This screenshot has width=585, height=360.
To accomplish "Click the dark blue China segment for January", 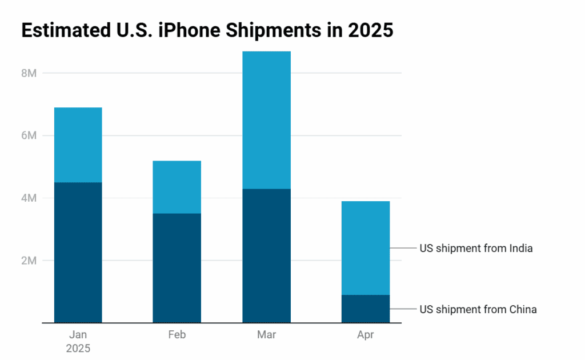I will [78, 253].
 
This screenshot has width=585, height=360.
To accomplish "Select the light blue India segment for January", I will [78, 145].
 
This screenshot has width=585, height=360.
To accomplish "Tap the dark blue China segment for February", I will [177, 268].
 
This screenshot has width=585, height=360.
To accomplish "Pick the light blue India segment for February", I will [177, 187].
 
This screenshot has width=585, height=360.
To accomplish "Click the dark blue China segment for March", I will [266, 255].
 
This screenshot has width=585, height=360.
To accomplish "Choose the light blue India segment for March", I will [266, 120].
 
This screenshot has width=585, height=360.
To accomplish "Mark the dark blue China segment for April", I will [366, 309].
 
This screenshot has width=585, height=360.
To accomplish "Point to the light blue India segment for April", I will [366, 248].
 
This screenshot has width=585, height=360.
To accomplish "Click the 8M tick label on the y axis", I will [29, 74].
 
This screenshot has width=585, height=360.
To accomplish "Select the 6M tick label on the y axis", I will [29, 136].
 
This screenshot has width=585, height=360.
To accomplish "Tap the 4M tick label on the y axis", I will [29, 198].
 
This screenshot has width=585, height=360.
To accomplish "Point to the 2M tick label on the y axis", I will [29, 261].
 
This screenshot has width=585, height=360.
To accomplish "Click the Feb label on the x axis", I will [177, 335].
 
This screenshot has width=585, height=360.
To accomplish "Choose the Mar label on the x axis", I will [266, 335].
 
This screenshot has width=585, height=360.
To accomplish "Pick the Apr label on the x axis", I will [366, 335].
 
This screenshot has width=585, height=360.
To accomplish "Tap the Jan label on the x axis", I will [78, 335].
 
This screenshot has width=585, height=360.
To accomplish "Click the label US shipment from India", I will [476, 249].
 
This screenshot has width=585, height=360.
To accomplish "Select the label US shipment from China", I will [478, 310].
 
